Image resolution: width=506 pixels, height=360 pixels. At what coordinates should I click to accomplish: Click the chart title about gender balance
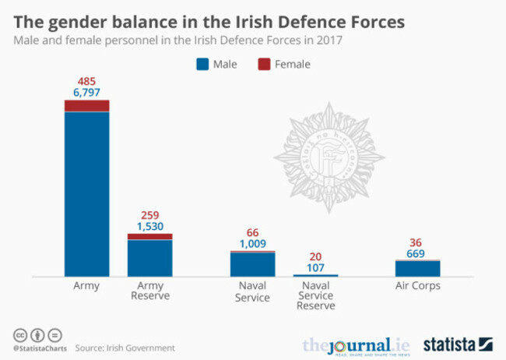coord(208,22)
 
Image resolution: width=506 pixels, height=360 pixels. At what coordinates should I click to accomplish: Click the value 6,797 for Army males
coord(86,93)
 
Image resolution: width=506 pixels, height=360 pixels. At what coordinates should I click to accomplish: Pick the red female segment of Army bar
coord(86,106)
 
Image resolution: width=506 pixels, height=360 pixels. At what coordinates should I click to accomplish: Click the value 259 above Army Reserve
coord(149,215)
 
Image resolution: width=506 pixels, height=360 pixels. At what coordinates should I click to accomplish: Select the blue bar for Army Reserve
coord(149,258)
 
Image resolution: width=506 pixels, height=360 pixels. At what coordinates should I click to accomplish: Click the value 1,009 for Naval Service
coord(252,244)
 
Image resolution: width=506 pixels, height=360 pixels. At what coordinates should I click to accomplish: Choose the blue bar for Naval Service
coord(252,264)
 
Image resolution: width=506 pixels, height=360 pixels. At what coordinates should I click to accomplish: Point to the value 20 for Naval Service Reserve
coord(316,256)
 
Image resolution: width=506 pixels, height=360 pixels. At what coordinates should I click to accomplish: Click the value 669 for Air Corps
coord(417,253)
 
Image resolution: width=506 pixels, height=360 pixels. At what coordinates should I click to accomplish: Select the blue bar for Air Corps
coord(417,268)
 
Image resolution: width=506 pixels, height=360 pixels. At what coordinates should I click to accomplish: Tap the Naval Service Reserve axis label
coord(316,295)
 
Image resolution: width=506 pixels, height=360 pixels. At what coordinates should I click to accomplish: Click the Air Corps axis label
coord(417,286)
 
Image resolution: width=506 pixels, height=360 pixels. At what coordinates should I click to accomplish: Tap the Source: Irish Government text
coord(125,348)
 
